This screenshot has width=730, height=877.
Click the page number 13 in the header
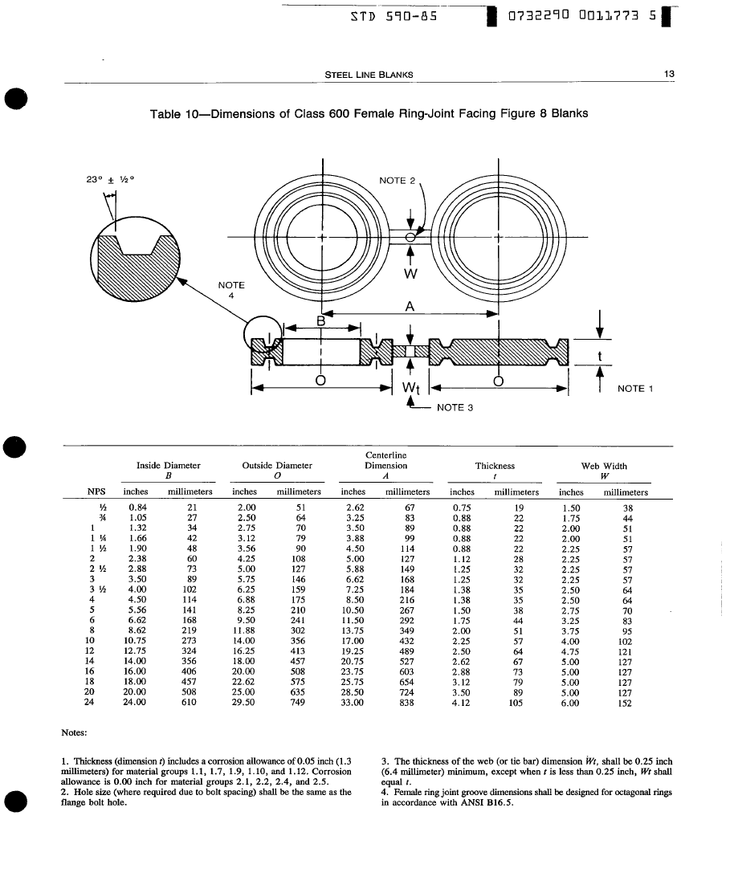[x=669, y=74]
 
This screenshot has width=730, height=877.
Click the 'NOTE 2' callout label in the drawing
[x=398, y=181]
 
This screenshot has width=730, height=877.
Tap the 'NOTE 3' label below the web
[x=455, y=408]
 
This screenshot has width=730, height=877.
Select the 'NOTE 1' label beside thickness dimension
[x=635, y=389]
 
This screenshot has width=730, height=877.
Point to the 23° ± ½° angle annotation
[x=110, y=180]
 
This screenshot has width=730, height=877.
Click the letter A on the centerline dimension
[x=410, y=307]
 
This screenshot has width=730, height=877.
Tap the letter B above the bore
[x=321, y=321]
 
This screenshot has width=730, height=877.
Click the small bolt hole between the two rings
[x=410, y=237]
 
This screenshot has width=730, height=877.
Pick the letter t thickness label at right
[x=600, y=357]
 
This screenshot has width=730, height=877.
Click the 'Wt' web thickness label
[x=410, y=387]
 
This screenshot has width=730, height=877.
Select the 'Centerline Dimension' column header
[x=386, y=460]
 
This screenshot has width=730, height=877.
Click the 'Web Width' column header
[x=604, y=466]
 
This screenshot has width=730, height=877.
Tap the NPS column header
[x=96, y=492]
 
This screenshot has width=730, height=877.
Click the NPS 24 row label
[x=89, y=701]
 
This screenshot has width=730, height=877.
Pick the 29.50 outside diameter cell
[x=243, y=702]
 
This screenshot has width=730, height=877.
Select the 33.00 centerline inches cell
[x=352, y=702]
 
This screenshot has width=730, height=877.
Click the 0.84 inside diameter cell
[x=137, y=508]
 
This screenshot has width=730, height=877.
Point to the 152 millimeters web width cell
[x=625, y=703]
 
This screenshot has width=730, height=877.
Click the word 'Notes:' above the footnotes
[x=74, y=732]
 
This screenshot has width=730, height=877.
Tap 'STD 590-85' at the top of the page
[x=394, y=16]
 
